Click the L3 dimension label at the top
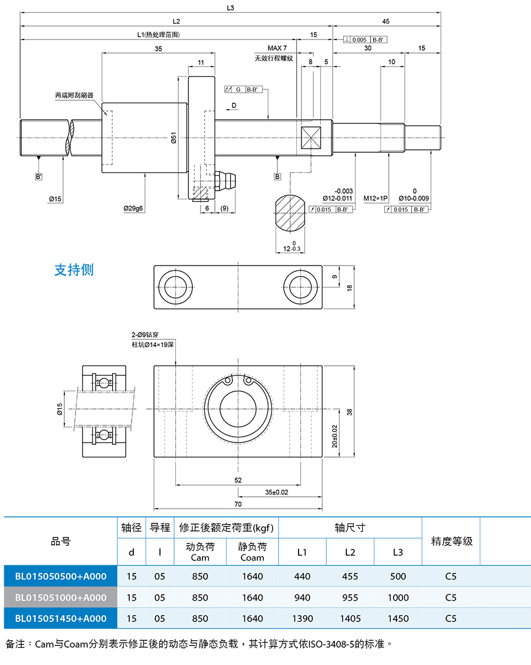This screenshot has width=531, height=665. click(230, 8)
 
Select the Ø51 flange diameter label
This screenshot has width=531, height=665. click(173, 137)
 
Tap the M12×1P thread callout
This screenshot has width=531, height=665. click(375, 198)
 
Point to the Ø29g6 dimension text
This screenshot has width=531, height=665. click(133, 208)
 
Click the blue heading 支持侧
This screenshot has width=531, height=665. click(74, 270)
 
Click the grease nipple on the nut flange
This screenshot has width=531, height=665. click(225, 181)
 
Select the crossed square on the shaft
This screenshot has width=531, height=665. click(311, 137)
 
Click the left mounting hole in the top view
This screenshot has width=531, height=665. click(175, 287)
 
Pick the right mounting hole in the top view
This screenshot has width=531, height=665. click(300, 287)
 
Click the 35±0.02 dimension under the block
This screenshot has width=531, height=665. click(277, 492)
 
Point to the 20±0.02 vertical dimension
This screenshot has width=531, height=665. click(335, 436)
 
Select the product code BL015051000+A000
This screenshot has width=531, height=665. click(61, 597)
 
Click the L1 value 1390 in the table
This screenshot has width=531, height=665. click(303, 618)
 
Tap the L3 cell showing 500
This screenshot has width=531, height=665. click(398, 576)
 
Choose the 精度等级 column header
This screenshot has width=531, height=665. click(452, 541)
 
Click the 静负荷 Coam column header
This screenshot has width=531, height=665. click(253, 552)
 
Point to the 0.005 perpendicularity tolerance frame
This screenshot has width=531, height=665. click(365, 40)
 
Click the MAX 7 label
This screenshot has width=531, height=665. click(277, 48)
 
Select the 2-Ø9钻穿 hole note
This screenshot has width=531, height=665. click(145, 335)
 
